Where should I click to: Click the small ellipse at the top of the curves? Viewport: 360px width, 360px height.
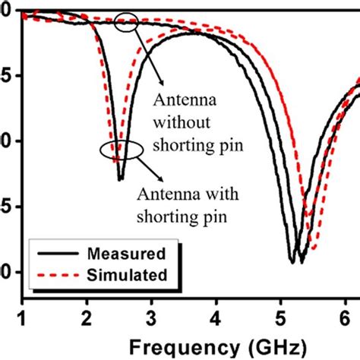[x=127, y=23]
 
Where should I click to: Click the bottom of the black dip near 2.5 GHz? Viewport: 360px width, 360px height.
[x=120, y=179]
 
